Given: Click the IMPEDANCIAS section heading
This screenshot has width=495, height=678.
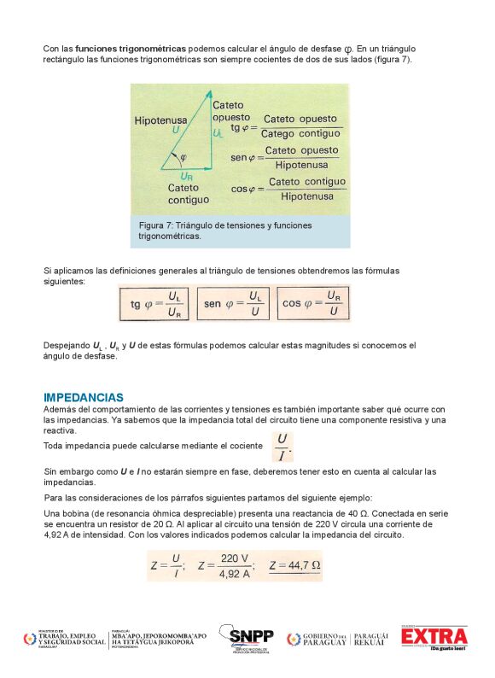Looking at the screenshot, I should click(x=84, y=398).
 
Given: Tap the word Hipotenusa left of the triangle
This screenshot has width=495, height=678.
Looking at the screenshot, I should click(x=160, y=121).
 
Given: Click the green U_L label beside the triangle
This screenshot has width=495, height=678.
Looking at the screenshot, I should click(x=218, y=134).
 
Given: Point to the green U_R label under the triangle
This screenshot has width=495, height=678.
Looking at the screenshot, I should click(x=186, y=177).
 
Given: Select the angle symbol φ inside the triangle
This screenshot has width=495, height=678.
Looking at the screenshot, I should click(x=183, y=158).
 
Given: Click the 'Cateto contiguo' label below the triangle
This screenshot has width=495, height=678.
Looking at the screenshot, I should click(x=188, y=194).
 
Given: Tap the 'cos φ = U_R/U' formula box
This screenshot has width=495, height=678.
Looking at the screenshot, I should click(x=312, y=303).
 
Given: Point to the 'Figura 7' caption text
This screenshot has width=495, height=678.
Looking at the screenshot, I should click(x=224, y=231).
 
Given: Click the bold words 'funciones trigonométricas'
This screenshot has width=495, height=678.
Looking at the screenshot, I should click(x=131, y=49).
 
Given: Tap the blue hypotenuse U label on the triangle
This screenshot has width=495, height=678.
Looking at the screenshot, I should click(x=176, y=132).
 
